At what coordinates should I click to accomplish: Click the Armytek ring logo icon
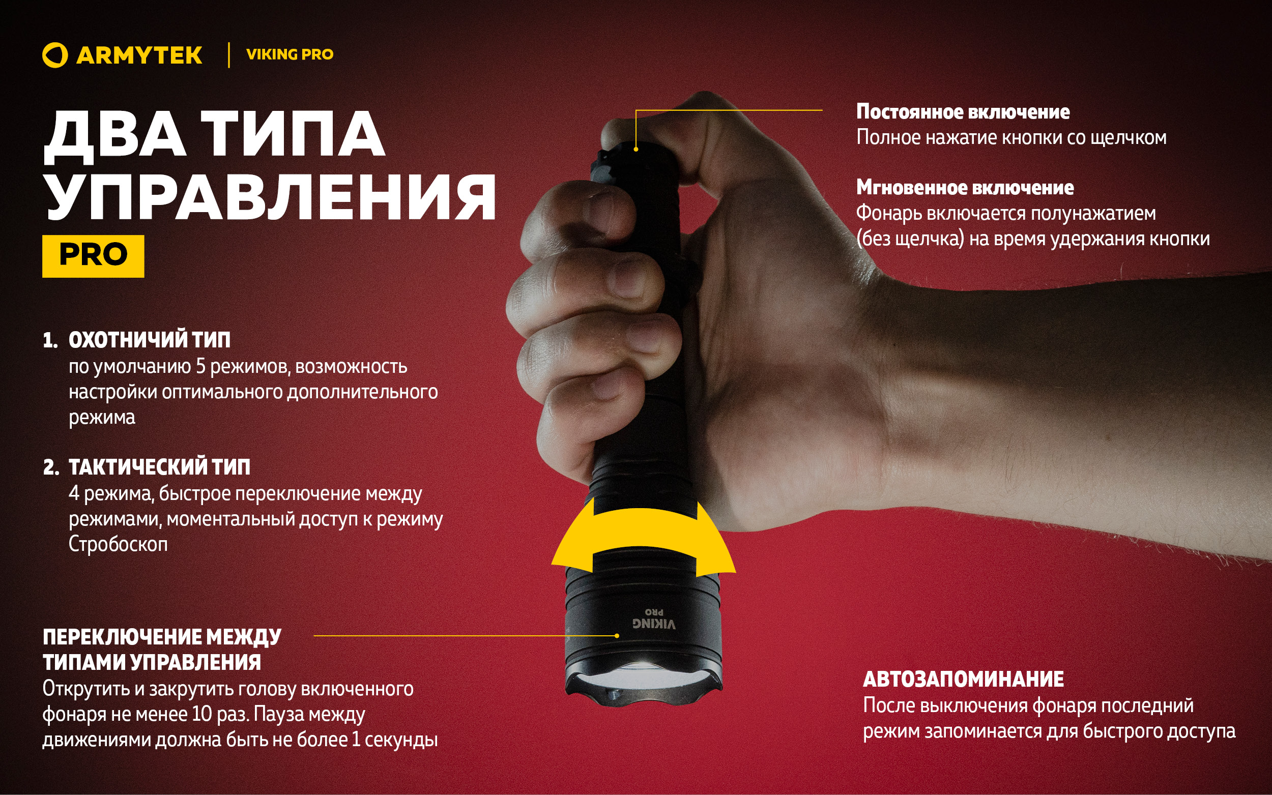[54, 55]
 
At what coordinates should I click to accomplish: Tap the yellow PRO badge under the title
[93, 255]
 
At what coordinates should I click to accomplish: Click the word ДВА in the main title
[115, 135]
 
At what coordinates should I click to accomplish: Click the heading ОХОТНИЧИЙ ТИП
[150, 340]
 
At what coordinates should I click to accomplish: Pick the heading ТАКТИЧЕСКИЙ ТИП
[159, 467]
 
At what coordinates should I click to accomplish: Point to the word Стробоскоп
[119, 544]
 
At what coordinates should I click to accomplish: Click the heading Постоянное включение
[963, 112]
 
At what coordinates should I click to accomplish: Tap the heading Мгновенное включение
[965, 188]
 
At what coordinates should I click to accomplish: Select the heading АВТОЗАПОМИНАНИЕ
[963, 679]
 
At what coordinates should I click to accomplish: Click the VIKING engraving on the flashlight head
[654, 624]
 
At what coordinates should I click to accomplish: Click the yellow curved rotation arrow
[644, 531]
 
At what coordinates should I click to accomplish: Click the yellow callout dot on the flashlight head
[617, 636]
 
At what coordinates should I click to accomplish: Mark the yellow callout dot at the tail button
[635, 150]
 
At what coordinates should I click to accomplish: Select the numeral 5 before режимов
[200, 367]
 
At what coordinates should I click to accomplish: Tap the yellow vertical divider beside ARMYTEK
[229, 55]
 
